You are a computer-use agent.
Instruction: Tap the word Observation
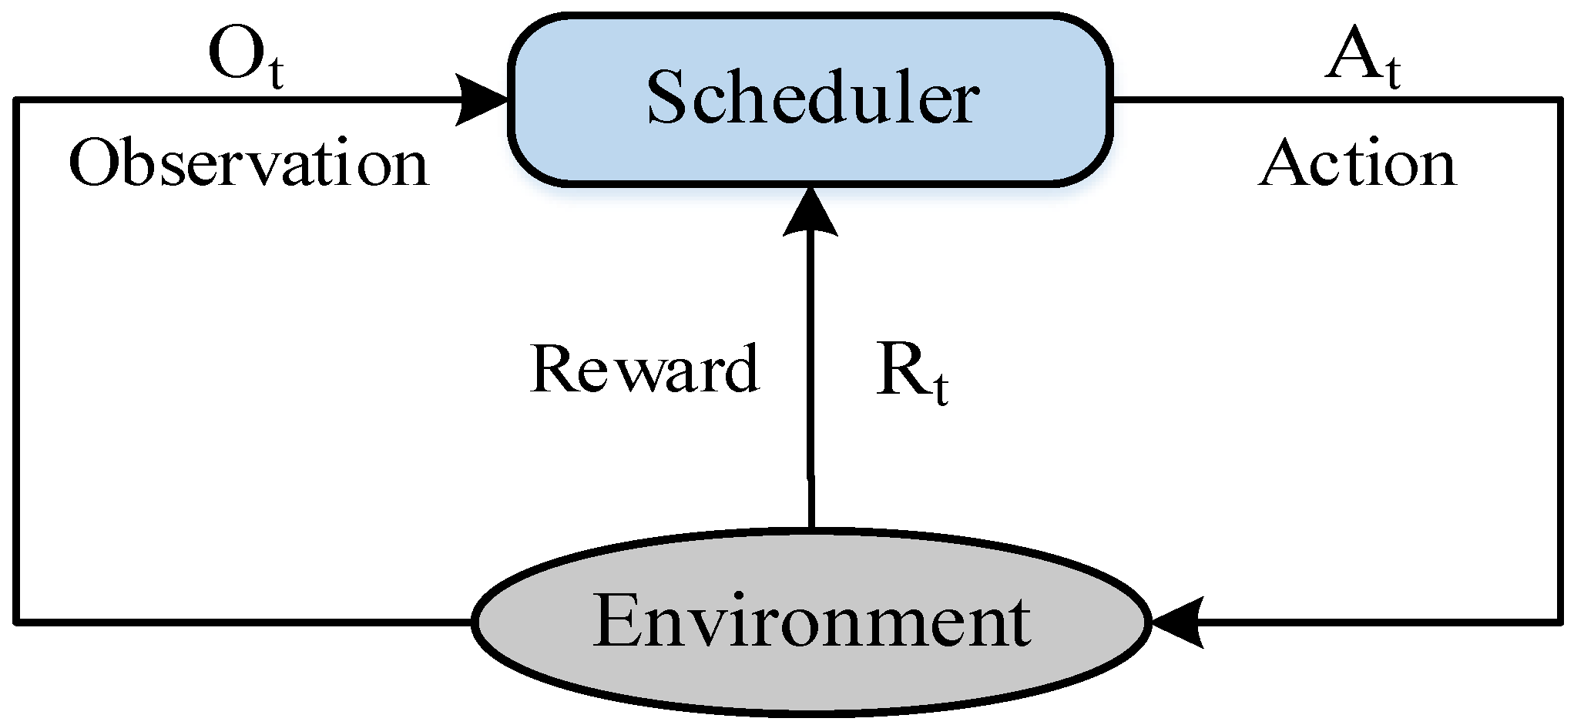point(248,164)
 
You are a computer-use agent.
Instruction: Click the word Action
point(1358,164)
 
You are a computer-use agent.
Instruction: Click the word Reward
point(644,369)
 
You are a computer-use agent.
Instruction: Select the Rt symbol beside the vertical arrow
point(911,373)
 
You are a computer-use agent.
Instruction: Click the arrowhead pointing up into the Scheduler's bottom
point(810,212)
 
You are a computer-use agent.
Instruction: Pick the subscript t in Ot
point(275,75)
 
